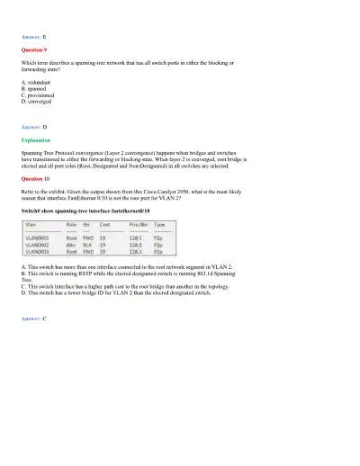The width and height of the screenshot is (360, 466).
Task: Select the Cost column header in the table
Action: coord(105,226)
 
